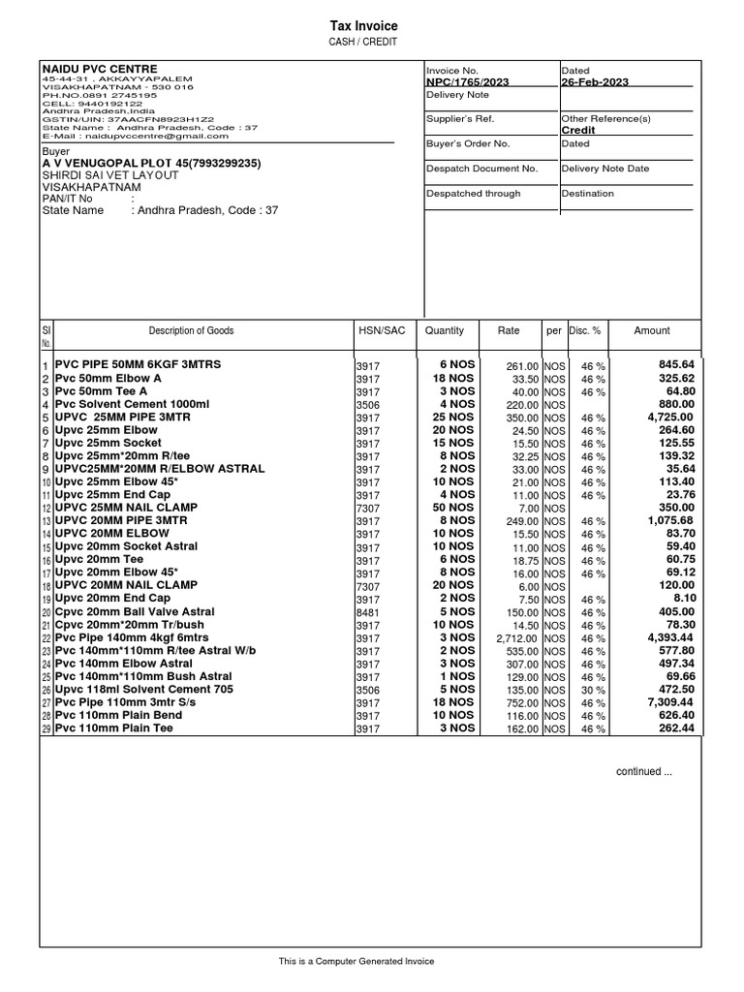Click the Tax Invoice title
point(365,26)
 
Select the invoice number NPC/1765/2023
point(466,82)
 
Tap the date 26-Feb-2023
point(595,82)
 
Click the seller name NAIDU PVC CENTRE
point(86,67)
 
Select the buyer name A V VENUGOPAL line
point(150,164)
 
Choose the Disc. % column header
point(585,330)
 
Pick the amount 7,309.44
point(669,702)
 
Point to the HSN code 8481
point(367,612)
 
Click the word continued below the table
point(644,771)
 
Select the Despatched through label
point(473,194)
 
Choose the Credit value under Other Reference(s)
point(578,130)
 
